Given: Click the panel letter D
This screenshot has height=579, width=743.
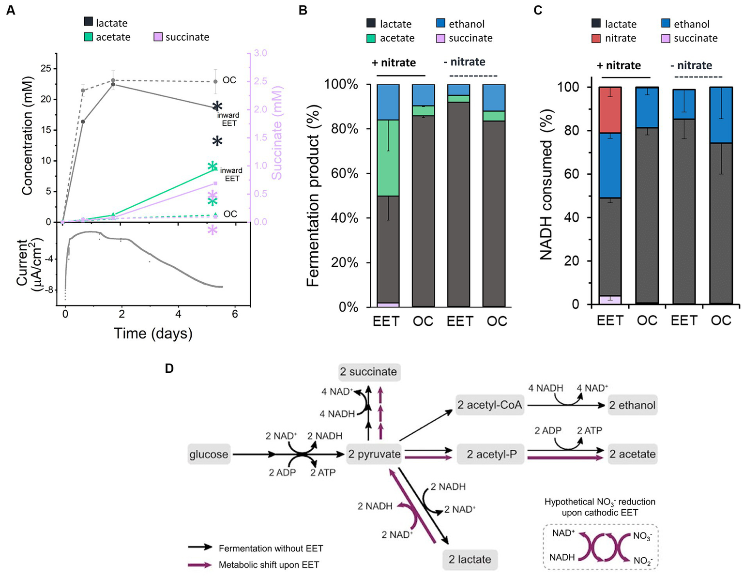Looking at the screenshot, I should point(169,369).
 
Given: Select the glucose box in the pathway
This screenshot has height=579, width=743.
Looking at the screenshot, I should point(209,455).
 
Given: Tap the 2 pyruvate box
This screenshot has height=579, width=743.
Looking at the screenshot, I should point(374,455).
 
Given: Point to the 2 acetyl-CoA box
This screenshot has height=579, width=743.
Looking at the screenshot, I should point(490,405).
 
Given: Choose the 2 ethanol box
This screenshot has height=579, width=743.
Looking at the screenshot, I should point(632,405).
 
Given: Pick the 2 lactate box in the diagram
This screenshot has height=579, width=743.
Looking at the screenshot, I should point(470,560).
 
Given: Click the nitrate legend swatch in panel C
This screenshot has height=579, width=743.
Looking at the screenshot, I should point(596,38).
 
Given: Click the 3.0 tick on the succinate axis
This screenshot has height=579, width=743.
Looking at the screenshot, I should point(260,53).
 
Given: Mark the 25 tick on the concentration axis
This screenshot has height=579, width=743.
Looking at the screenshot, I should point(45,69).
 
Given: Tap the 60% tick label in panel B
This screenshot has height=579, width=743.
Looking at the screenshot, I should point(345,173).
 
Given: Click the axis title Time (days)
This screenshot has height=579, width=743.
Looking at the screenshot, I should point(153,334).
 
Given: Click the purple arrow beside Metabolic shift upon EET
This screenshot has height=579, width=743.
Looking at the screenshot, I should point(200,565).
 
